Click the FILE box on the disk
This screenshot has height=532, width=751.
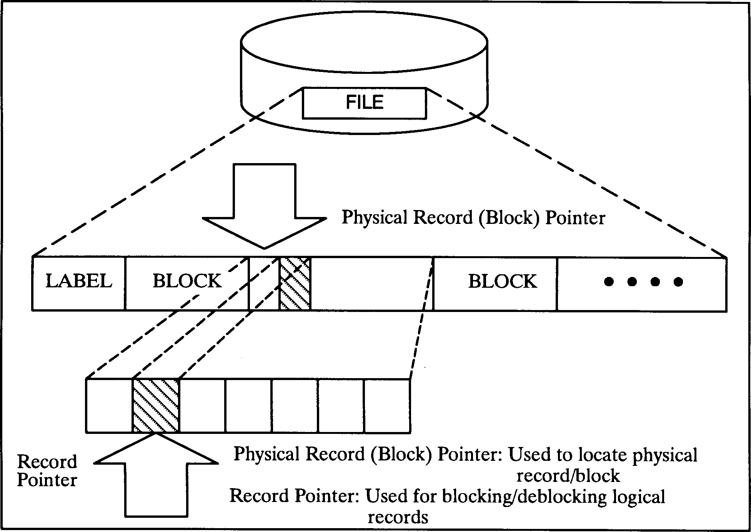pyautogui.click(x=364, y=103)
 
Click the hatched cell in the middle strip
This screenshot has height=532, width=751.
pyautogui.click(x=295, y=284)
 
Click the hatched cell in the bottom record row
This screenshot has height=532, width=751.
pyautogui.click(x=155, y=406)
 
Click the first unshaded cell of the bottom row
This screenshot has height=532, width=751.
pyautogui.click(x=109, y=406)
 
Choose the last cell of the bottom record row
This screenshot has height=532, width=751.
pyautogui.click(x=387, y=406)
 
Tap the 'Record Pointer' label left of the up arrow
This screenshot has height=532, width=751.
pyautogui.click(x=47, y=471)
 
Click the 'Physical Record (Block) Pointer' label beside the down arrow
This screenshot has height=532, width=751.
pyautogui.click(x=473, y=218)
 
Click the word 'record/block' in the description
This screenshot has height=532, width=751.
pyautogui.click(x=568, y=476)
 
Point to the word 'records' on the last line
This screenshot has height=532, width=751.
pyautogui.click(x=398, y=517)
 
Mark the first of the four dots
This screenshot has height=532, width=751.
pyautogui.click(x=608, y=282)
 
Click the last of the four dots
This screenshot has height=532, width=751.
pyautogui.click(x=678, y=282)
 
